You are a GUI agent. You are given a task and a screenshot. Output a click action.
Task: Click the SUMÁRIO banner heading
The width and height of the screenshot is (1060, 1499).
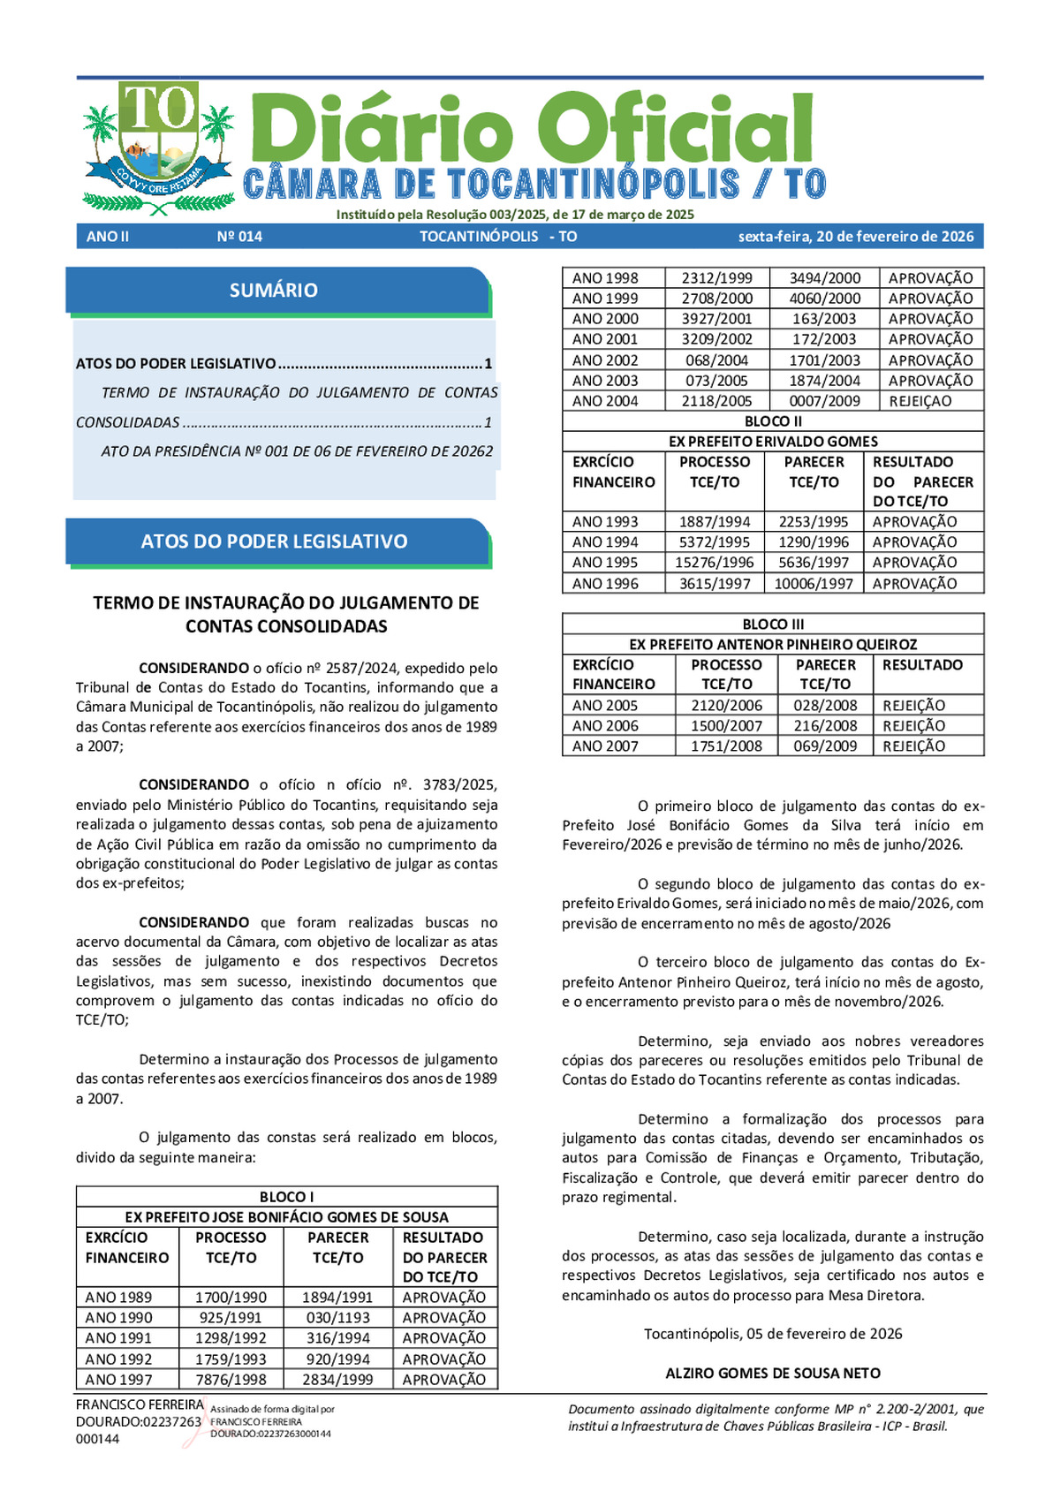pyautogui.click(x=274, y=290)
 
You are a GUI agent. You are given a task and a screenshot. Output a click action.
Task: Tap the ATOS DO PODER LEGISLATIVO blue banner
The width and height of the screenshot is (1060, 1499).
pyautogui.click(x=275, y=541)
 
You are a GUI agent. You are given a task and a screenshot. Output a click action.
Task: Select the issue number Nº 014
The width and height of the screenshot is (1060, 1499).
pyautogui.click(x=239, y=237)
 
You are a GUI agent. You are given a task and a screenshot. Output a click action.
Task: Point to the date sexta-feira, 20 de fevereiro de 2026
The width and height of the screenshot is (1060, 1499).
pyautogui.click(x=856, y=237)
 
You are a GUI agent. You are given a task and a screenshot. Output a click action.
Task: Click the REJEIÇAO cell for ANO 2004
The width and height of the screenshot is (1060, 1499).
pyautogui.click(x=920, y=401)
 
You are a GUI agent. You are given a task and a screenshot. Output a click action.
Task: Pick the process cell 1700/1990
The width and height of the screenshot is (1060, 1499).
pyautogui.click(x=231, y=1297)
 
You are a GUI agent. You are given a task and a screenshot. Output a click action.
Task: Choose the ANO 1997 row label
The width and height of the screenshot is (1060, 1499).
pyautogui.click(x=118, y=1379)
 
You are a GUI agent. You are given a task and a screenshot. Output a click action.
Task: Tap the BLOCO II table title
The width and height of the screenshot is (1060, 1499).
pyautogui.click(x=773, y=421)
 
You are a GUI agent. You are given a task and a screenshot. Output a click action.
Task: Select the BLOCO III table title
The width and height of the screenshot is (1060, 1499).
pyautogui.click(x=773, y=624)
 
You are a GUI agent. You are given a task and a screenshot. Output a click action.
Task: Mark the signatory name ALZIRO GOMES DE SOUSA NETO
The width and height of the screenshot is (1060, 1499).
pyautogui.click(x=773, y=1373)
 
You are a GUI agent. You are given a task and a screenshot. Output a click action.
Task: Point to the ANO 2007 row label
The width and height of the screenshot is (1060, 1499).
pyautogui.click(x=605, y=746)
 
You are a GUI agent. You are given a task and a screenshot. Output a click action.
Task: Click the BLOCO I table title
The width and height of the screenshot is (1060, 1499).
pyautogui.click(x=286, y=1197)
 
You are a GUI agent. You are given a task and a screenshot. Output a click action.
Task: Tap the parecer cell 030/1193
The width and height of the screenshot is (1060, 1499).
pyautogui.click(x=337, y=1317)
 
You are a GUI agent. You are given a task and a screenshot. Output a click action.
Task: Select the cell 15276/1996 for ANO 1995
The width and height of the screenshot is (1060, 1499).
pyautogui.click(x=715, y=562)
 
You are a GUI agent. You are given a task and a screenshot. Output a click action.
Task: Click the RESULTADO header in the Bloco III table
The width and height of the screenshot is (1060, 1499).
pyautogui.click(x=922, y=665)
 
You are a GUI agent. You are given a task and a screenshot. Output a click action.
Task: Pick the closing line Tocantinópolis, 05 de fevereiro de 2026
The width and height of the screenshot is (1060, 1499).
pyautogui.click(x=773, y=1334)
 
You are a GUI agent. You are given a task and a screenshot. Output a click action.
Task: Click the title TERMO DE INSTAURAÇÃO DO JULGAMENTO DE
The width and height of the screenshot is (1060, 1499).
pyautogui.click(x=286, y=602)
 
